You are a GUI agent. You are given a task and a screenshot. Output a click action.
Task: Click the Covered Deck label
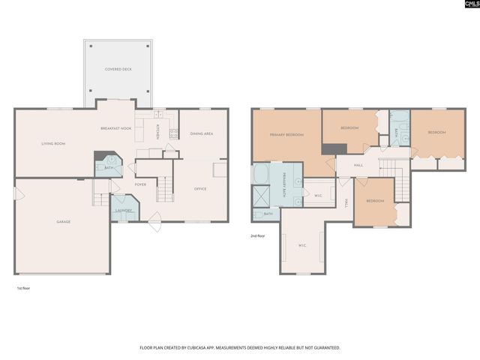(x=118, y=68)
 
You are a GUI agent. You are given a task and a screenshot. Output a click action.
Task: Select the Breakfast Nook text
(x=115, y=129)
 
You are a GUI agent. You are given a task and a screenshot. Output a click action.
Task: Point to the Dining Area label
(x=201, y=133)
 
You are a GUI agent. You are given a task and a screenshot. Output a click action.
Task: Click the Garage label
(x=63, y=222)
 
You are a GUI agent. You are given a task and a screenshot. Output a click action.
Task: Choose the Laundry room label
(x=124, y=211)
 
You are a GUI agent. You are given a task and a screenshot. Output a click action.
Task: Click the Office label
(x=200, y=189)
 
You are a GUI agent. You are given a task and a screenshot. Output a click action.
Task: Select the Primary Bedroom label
(x=286, y=135)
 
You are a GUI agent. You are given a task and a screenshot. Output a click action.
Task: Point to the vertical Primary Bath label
(x=285, y=184)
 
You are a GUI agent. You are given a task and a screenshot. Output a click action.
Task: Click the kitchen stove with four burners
(x=173, y=134)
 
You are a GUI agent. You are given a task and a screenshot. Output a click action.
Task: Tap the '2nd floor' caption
(x=259, y=236)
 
